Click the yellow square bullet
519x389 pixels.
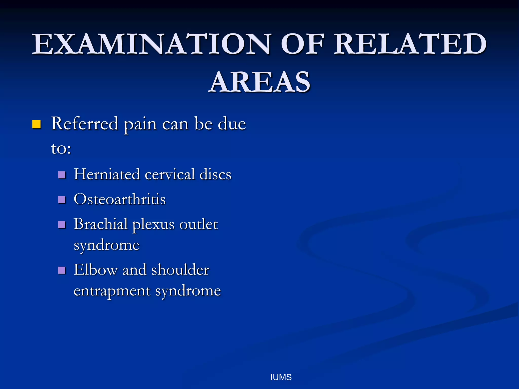click(36, 124)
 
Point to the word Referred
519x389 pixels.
click(85, 124)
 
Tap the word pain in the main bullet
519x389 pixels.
click(140, 124)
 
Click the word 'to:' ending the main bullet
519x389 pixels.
click(61, 148)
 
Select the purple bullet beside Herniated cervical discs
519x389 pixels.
click(62, 175)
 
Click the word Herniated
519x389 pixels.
click(107, 174)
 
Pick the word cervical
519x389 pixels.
click(170, 174)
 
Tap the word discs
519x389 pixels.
click(215, 174)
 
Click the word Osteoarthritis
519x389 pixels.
click(120, 199)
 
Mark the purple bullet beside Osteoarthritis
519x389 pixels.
click(62, 200)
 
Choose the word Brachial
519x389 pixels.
click(101, 224)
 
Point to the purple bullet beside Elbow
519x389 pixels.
click(62, 270)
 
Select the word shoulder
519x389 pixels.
click(180, 269)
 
